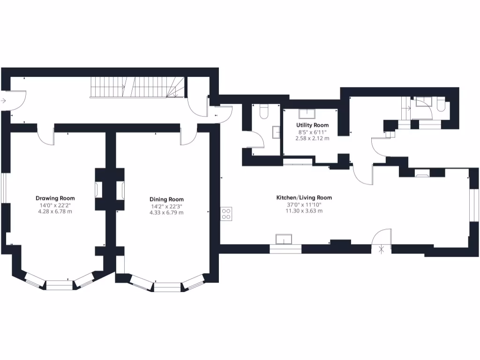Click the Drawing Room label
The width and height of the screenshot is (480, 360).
pyautogui.click(x=55, y=198)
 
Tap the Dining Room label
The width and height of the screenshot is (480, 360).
pyautogui.click(x=166, y=199)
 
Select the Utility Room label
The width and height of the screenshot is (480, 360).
pyautogui.click(x=312, y=125)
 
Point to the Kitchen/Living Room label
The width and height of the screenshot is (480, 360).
pyautogui.click(x=304, y=198)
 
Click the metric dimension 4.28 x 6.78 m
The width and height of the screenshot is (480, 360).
pyautogui.click(x=55, y=212)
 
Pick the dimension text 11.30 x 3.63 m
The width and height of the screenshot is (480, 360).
pyautogui.click(x=304, y=211)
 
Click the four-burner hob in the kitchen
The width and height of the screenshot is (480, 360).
pyautogui.click(x=226, y=213)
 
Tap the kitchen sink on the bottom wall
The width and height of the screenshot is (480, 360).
pyautogui.click(x=285, y=240)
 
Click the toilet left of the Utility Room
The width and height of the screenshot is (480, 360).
pyautogui.click(x=263, y=111)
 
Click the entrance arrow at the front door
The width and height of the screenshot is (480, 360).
pyautogui.click(x=3, y=100)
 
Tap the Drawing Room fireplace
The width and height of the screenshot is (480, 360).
pyautogui.click(x=98, y=190)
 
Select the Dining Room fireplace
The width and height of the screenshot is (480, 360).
pyautogui.click(x=121, y=190)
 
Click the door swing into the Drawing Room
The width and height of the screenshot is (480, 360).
pyautogui.click(x=46, y=137)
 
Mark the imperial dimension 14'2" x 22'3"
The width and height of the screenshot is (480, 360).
pyautogui.click(x=166, y=206)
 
